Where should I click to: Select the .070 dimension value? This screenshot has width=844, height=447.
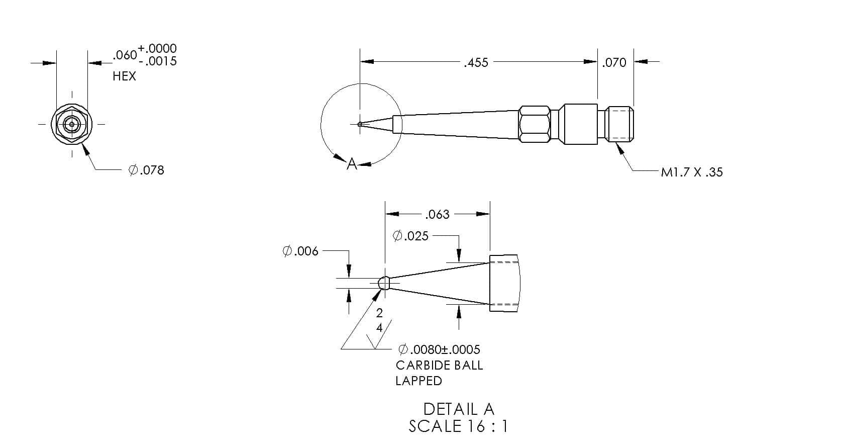(614, 63)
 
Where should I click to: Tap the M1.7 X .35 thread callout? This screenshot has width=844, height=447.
(692, 172)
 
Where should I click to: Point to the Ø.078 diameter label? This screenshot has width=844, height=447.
(147, 170)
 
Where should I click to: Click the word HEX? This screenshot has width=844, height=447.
(124, 76)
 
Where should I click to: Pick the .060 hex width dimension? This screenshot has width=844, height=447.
(125, 55)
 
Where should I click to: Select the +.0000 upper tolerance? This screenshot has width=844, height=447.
(157, 48)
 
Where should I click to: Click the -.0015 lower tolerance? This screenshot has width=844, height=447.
(157, 61)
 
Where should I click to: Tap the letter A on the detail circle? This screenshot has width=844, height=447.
(352, 164)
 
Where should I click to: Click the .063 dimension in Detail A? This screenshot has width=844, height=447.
(437, 215)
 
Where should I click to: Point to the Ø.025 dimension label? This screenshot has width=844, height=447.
(410, 236)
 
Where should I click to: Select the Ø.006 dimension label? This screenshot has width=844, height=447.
(300, 251)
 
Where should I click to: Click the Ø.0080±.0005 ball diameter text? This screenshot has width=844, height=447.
(439, 349)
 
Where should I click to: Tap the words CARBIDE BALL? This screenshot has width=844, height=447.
(439, 365)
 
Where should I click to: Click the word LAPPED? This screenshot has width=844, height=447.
(418, 381)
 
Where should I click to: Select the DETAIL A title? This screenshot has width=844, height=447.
(459, 409)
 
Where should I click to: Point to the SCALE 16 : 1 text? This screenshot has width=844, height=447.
(458, 426)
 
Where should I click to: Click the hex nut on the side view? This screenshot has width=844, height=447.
(535, 125)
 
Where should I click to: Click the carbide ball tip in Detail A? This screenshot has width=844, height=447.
(384, 283)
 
